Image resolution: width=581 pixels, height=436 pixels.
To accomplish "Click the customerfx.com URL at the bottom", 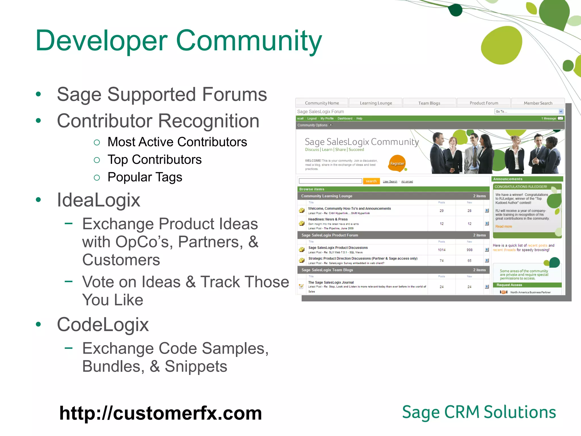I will tap(160, 413).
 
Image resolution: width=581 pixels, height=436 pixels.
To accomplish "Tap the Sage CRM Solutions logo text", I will tap(479, 412).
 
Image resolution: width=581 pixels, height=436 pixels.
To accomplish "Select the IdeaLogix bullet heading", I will tap(98, 200).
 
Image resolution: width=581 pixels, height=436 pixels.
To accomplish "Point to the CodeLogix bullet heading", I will tap(103, 324).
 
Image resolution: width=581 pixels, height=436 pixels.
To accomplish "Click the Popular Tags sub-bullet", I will tap(145, 177).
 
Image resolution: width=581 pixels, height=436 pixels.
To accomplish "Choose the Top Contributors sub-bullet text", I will tap(154, 160).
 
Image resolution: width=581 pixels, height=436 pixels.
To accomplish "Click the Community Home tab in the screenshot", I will tap(322, 103).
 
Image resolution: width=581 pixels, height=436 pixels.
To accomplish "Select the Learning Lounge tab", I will tap(376, 103).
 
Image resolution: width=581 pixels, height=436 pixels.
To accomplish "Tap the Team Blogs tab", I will tap(429, 103).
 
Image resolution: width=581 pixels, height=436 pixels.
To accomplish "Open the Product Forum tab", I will tap(484, 103).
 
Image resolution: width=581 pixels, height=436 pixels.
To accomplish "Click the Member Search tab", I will tap(538, 103).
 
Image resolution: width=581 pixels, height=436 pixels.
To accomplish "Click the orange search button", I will tap(371, 181).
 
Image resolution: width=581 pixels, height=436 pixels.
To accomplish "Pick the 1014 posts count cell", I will tap(441, 250).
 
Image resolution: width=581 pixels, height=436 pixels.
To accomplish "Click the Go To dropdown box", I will tap(528, 112).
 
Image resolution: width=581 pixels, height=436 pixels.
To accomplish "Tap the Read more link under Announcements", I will tap(504, 227).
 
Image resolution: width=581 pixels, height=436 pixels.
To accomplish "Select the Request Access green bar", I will tap(527, 285).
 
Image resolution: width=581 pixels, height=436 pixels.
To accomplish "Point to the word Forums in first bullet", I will tap(234, 95).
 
